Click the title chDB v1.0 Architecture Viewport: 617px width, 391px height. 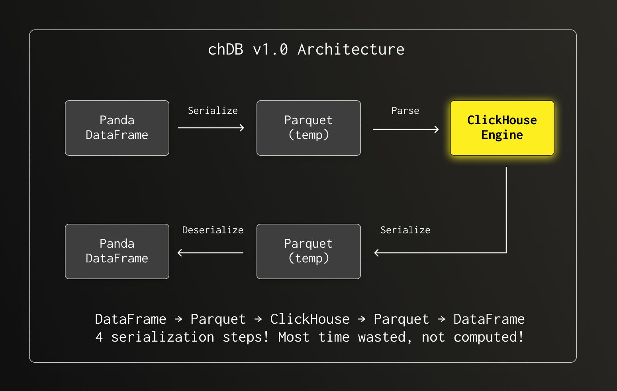(x=306, y=49)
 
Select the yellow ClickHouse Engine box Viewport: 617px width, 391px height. (x=502, y=128)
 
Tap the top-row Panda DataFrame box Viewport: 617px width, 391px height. (x=117, y=128)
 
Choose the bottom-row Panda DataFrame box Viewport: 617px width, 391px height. (x=117, y=251)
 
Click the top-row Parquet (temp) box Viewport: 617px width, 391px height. (x=308, y=128)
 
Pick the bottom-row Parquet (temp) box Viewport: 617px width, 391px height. (x=308, y=251)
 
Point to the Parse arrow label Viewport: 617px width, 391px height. (x=405, y=111)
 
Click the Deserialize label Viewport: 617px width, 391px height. (x=212, y=230)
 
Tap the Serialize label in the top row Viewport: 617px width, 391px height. (x=212, y=111)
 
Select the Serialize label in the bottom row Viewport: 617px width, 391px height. (x=405, y=230)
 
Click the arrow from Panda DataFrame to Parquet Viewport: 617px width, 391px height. (x=211, y=128)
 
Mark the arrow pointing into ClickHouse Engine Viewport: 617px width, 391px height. (x=405, y=129)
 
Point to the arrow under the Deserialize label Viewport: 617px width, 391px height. (x=210, y=253)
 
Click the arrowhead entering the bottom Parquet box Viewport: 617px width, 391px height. (x=377, y=253)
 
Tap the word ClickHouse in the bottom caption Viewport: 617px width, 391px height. (x=309, y=319)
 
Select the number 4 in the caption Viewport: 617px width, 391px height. (x=99, y=337)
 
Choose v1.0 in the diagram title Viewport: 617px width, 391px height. (x=270, y=49)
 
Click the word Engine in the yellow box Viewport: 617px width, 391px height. (x=502, y=135)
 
